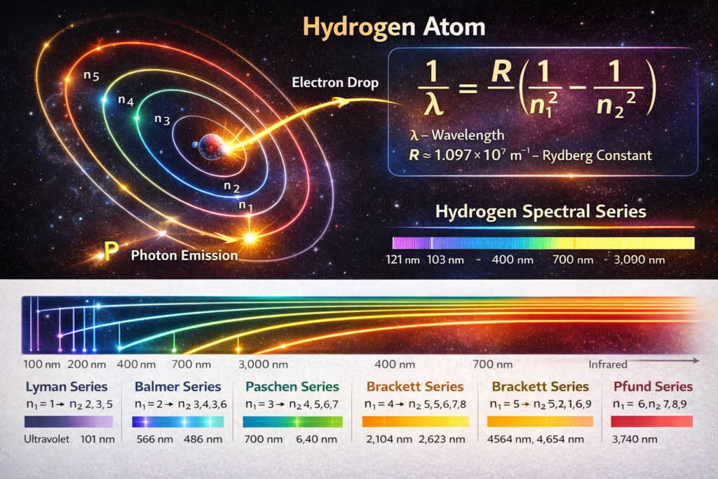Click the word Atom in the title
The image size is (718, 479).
(454, 27)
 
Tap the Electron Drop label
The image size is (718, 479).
(335, 83)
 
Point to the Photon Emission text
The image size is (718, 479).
(184, 255)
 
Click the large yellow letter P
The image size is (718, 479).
(111, 250)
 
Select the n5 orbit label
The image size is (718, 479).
(91, 76)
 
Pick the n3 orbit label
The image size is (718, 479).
(162, 119)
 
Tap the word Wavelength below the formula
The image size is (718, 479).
(468, 135)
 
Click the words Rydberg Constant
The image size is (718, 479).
(597, 156)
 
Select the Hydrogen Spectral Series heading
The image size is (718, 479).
(541, 212)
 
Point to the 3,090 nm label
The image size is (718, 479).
(639, 260)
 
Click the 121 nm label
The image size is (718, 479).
(402, 260)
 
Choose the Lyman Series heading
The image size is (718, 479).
(67, 386)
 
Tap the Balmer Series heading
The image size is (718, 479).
(177, 386)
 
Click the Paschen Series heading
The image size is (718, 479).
(292, 386)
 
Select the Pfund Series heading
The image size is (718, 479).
(653, 386)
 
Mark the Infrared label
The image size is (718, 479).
(608, 365)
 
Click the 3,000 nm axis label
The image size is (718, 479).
(264, 365)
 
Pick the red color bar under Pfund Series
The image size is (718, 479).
(651, 421)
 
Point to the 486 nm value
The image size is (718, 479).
(203, 440)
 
